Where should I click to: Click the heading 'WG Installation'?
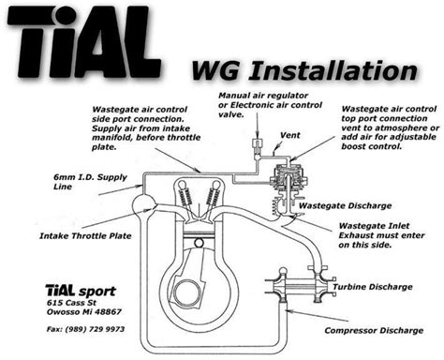(x=303, y=70)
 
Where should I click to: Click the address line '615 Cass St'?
(x=70, y=303)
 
